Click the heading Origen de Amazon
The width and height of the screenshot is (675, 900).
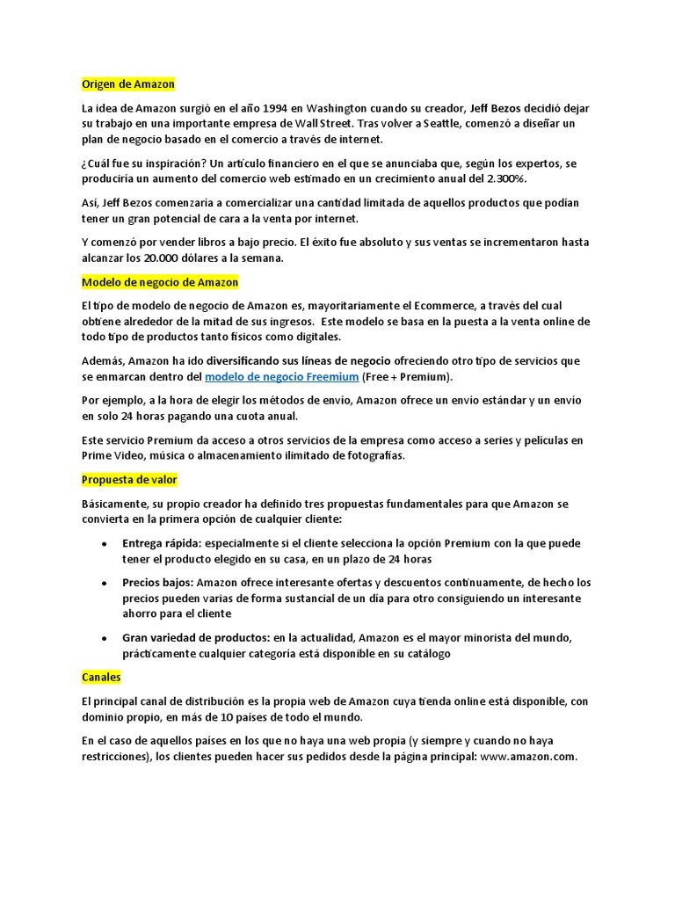128,84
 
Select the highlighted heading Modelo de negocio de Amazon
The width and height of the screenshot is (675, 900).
160,283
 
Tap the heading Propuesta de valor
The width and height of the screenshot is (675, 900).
129,481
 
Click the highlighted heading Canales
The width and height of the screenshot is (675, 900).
101,679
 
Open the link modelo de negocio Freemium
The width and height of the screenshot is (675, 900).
281,377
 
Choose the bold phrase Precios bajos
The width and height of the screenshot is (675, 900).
157,583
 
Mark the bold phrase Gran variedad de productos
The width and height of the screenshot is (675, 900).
196,638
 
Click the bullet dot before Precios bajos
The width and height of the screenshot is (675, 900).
105,583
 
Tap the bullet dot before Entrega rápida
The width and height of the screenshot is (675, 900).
105,543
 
